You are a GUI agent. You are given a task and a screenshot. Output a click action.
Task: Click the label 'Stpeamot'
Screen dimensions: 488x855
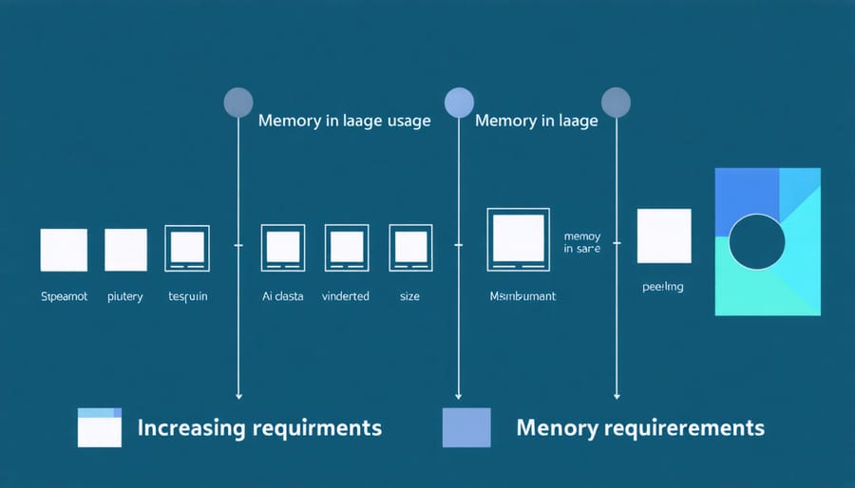[x=64, y=296]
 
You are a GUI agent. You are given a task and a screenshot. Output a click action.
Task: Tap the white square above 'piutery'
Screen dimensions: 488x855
[x=125, y=250]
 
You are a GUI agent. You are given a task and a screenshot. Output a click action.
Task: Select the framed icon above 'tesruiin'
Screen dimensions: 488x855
[x=187, y=249]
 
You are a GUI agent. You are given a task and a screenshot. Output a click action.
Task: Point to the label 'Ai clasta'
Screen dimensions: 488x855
[x=283, y=296]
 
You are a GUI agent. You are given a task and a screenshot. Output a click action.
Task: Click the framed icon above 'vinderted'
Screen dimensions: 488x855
[x=346, y=249]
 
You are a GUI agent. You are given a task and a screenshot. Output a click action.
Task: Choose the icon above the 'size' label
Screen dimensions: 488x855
[x=409, y=249]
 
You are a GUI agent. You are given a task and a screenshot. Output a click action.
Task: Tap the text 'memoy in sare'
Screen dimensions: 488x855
[x=581, y=242]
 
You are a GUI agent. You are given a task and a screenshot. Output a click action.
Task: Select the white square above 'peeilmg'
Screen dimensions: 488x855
[x=663, y=236]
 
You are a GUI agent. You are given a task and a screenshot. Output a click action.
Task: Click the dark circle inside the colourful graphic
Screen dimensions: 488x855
[x=757, y=241]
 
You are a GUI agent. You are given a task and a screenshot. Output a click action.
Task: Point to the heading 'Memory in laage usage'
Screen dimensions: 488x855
[x=344, y=121]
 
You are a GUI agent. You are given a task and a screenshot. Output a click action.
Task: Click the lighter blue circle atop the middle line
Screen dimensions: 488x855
[x=459, y=103]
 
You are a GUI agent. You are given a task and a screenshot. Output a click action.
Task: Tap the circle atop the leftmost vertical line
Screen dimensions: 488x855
[x=237, y=103]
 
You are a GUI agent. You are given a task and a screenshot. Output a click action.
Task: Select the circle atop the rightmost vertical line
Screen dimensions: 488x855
[x=617, y=103]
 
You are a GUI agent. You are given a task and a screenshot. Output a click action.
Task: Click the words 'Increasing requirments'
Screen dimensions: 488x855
[x=259, y=427]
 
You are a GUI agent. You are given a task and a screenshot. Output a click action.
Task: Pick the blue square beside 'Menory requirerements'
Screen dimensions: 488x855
[x=466, y=427]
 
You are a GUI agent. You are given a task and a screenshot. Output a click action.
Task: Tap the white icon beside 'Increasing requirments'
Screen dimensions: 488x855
[x=99, y=427]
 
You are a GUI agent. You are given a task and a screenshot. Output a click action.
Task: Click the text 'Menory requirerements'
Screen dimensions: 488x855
[x=639, y=427]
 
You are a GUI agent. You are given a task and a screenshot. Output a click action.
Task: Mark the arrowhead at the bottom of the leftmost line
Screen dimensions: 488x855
[x=237, y=394]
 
